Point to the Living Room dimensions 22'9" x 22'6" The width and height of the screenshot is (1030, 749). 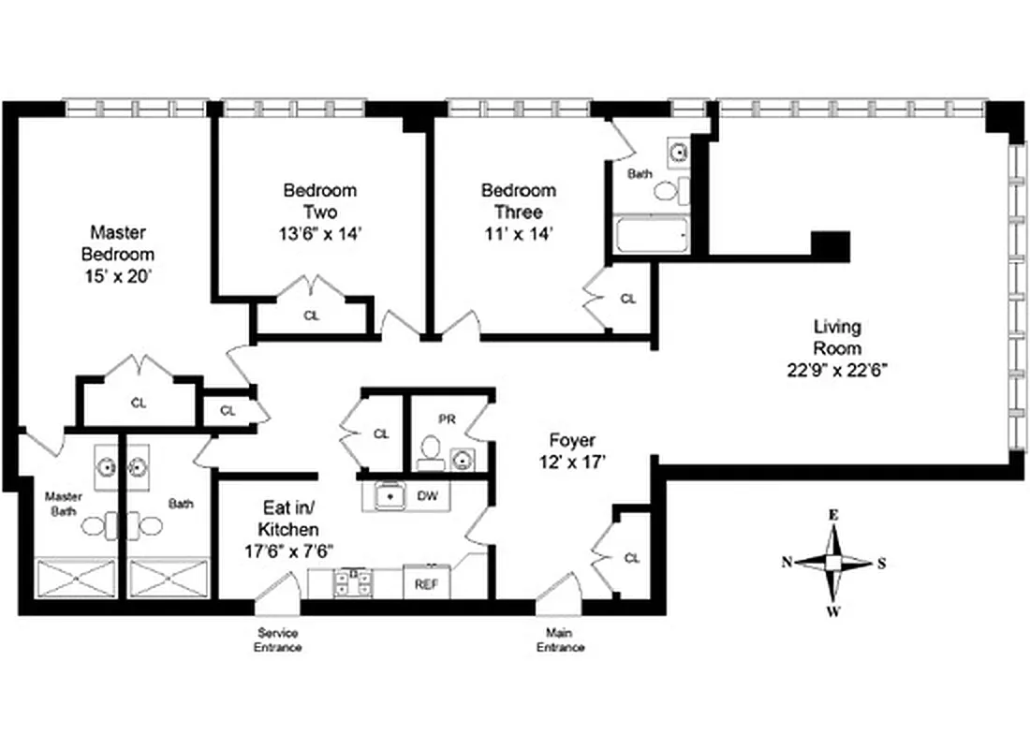(837, 369)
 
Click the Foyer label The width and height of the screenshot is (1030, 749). (572, 440)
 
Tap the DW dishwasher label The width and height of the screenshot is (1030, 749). (427, 495)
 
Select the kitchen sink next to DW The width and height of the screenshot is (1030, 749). (386, 495)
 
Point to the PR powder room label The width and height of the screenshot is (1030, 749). (447, 419)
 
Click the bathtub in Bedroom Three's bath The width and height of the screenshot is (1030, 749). (652, 234)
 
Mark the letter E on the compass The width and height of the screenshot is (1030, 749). (831, 515)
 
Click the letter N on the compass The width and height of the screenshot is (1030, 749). (787, 562)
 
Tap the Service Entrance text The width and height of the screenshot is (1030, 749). (279, 640)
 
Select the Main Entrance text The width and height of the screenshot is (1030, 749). (561, 640)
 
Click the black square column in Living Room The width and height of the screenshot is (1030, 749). (830, 246)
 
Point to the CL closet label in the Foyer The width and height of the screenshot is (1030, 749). (632, 558)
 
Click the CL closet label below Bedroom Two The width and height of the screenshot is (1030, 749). (311, 316)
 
